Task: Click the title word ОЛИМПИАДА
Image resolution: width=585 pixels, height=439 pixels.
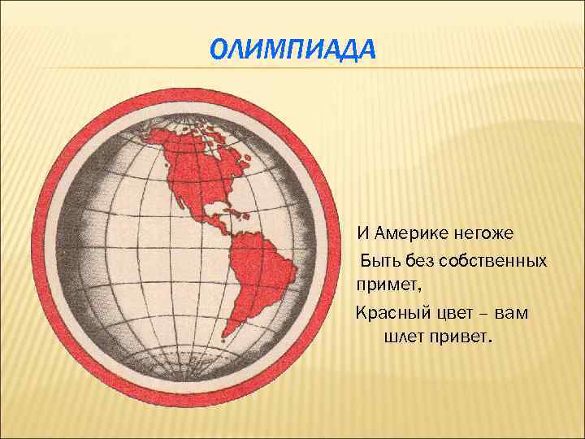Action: (x=293, y=51)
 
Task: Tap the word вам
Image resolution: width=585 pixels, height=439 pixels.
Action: (x=511, y=311)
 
